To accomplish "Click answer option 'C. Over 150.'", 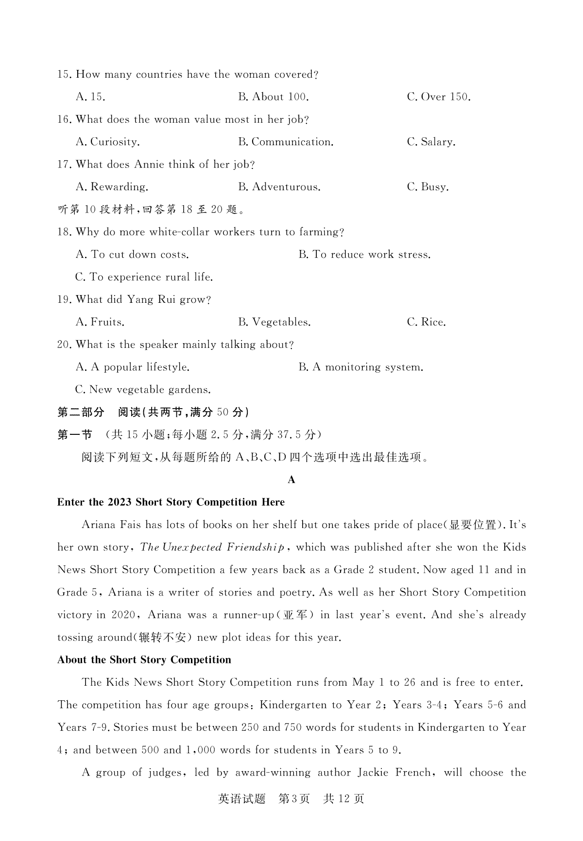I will tap(439, 97).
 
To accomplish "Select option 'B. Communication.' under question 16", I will tap(286, 142).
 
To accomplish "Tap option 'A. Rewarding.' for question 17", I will tap(112, 187).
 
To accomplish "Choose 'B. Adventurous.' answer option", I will tap(279, 187).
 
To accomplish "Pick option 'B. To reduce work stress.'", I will tap(364, 255).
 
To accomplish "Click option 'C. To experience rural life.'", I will tap(144, 277).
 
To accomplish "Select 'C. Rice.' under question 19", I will tap(426, 322).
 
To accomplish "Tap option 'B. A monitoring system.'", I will tap(361, 367).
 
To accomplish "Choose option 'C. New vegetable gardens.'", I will tap(143, 390).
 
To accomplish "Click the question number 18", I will tap(64, 232).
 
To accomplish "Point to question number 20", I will tap(64, 345).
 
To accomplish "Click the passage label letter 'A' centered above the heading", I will tap(291, 480).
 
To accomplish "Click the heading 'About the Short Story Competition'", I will tap(144, 660).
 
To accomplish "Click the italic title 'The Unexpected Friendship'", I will tap(212, 547).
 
